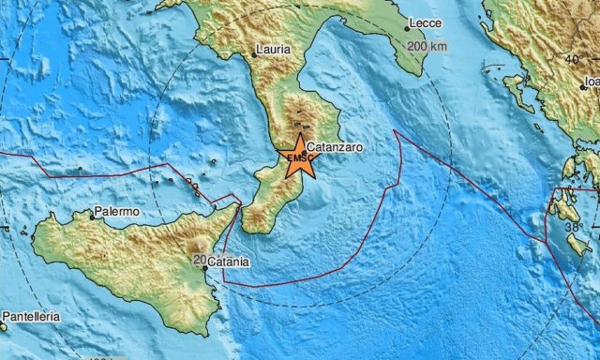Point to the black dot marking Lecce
tap(407, 28)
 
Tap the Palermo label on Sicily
tap(117, 212)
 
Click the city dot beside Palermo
tap(93, 217)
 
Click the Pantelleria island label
tap(31, 317)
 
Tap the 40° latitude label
tap(572, 59)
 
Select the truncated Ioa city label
tap(591, 82)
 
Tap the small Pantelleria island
tap(4, 327)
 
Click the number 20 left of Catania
tap(198, 258)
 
